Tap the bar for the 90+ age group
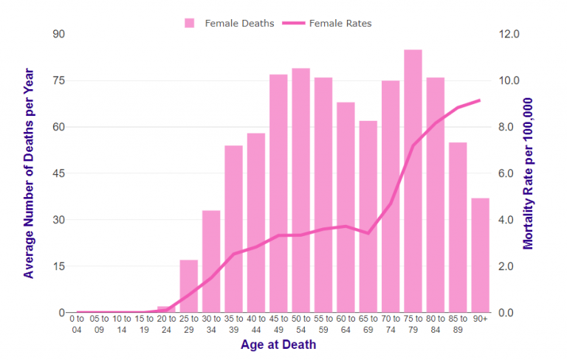click(480, 255)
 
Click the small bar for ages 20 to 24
click(166, 309)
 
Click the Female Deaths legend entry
click(230, 24)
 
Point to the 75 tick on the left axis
click(58, 80)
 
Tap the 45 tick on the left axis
click(58, 173)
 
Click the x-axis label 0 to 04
click(77, 325)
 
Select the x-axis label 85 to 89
click(458, 325)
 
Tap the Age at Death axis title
click(278, 345)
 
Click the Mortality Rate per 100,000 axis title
click(529, 174)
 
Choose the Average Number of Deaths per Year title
click(29, 174)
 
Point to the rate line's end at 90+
click(480, 100)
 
